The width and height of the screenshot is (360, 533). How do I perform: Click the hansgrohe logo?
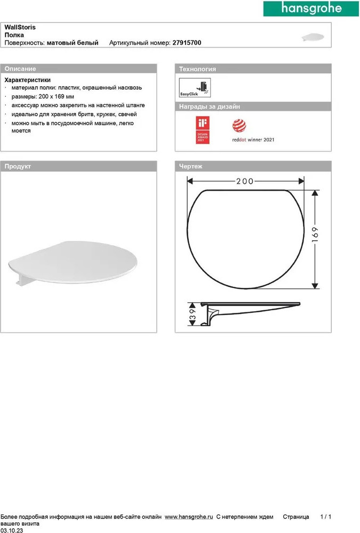[311, 10]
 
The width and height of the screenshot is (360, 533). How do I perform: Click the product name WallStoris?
[20, 27]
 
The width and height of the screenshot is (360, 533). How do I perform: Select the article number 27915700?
[187, 43]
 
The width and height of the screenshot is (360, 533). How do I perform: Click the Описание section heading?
[20, 69]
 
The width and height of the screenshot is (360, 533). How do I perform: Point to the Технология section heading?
[197, 69]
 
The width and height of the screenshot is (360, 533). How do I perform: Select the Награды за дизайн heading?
[209, 107]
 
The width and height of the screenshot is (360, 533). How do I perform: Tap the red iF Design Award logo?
[203, 131]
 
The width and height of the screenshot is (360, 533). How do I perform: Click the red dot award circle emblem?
[238, 126]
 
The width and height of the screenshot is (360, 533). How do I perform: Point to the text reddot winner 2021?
[253, 140]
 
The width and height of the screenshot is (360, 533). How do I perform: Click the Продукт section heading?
[18, 166]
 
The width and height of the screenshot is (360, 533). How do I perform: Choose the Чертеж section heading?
[190, 166]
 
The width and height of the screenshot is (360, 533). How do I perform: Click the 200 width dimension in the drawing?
[245, 181]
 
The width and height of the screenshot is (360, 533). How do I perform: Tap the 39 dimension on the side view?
[191, 314]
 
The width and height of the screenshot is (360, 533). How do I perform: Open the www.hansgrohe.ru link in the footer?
[189, 517]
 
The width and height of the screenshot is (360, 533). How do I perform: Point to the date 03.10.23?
[12, 530]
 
